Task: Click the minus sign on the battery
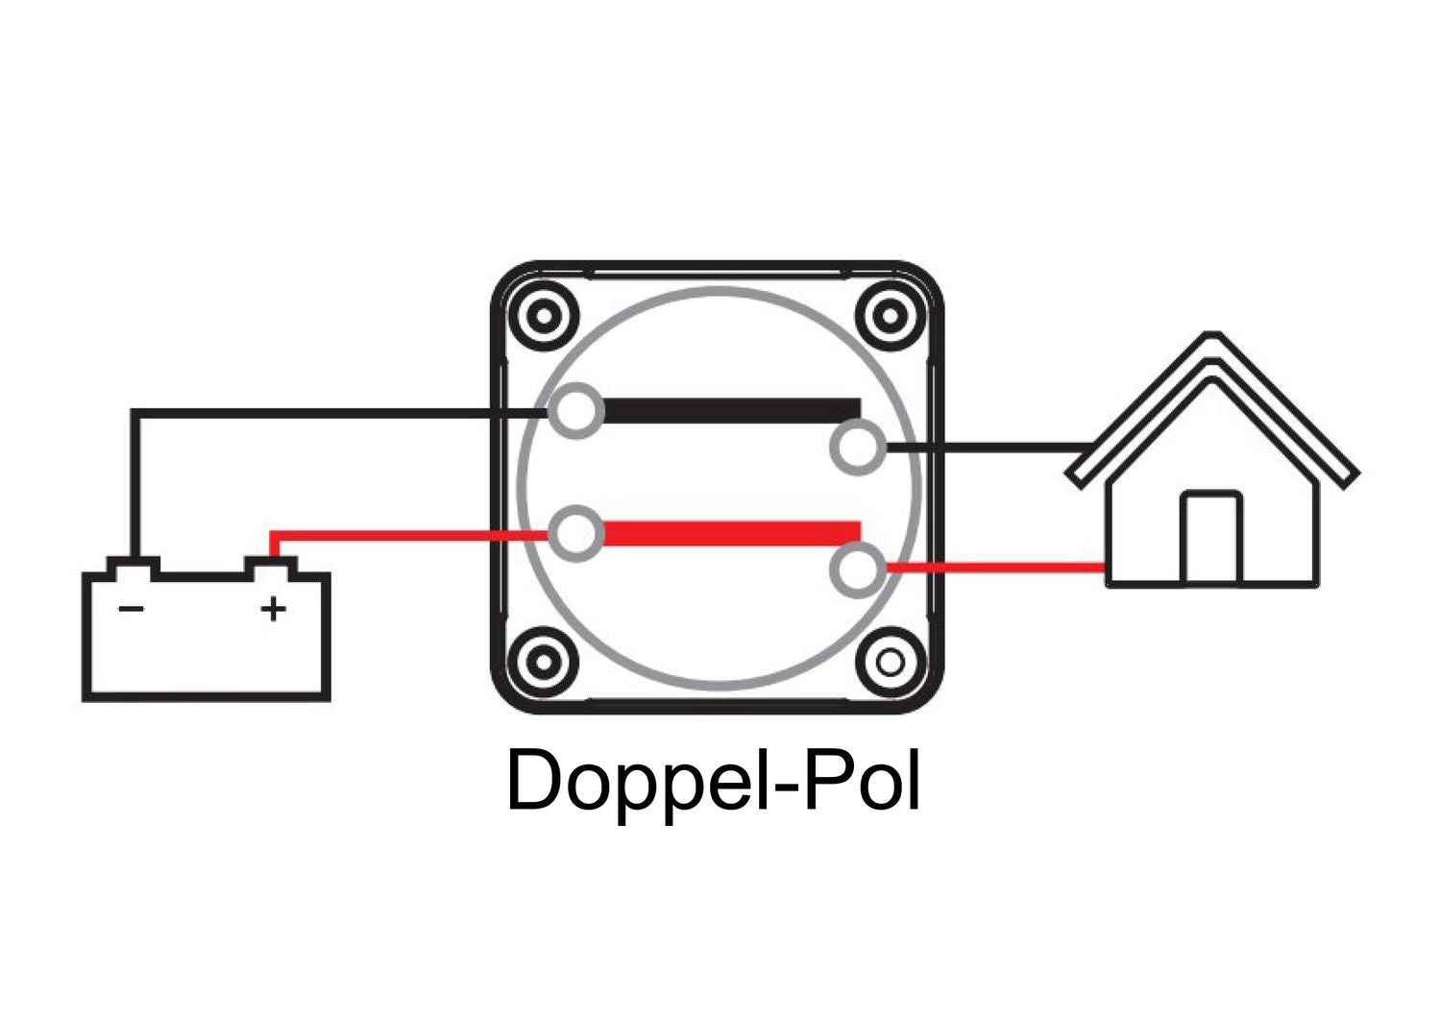[x=131, y=609]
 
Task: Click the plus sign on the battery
[x=274, y=609]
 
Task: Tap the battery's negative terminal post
[x=133, y=567]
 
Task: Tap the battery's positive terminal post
[x=272, y=567]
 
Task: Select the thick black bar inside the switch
[x=730, y=411]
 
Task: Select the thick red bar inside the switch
[x=730, y=533]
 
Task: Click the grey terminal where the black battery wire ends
[x=575, y=411]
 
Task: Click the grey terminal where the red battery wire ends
[x=575, y=533]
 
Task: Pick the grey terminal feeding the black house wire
[x=856, y=447]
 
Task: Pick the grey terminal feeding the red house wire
[x=856, y=569]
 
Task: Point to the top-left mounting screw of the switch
[x=544, y=315]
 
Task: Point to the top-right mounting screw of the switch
[x=891, y=315]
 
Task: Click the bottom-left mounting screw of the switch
[x=544, y=662]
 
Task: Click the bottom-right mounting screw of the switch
[x=891, y=662]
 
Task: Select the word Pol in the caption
[x=861, y=781]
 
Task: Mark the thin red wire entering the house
[x=994, y=569]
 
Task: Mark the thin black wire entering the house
[x=989, y=448]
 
